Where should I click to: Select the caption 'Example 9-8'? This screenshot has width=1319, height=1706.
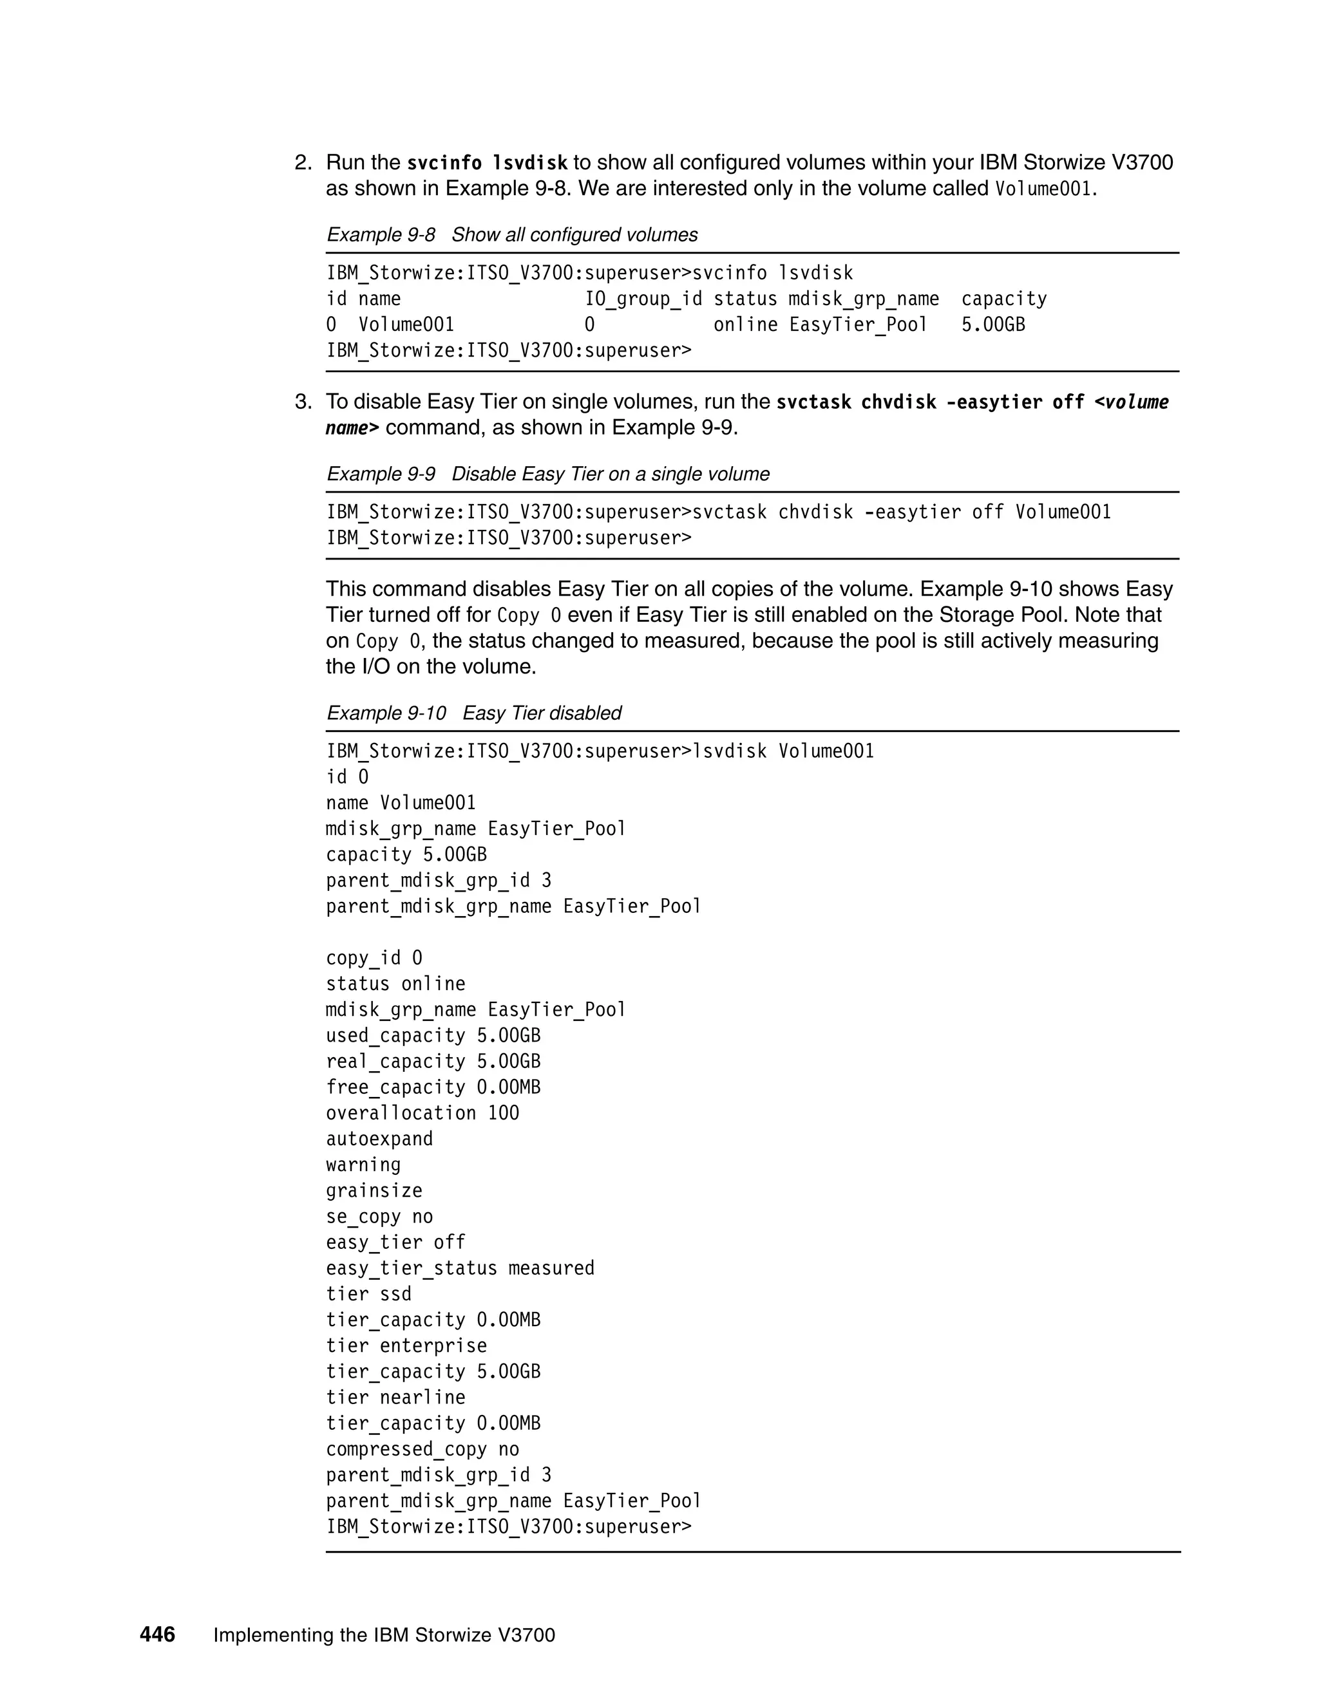381,234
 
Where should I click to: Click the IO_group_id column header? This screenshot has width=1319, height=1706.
643,299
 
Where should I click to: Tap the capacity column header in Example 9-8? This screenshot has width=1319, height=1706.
1003,299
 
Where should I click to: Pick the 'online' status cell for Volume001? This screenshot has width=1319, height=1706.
745,325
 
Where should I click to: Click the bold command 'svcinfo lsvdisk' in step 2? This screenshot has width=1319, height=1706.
487,164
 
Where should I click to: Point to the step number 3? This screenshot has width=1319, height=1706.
303,402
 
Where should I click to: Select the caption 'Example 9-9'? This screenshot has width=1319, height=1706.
381,474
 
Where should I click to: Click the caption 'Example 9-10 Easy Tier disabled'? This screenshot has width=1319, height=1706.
473,713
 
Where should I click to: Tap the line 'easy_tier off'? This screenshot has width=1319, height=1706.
395,1242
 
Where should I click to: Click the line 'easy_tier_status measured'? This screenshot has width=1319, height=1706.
459,1268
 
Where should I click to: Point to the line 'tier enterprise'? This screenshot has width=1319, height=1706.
406,1345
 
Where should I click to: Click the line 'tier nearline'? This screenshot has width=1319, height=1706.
395,1397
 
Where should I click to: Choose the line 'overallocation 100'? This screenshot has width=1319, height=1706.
422,1113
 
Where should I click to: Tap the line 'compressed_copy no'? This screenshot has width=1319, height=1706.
422,1449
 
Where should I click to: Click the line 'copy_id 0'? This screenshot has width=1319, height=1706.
374,958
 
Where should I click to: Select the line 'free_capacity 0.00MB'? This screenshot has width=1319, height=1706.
433,1087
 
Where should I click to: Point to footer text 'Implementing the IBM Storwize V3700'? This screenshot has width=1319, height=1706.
384,1635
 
